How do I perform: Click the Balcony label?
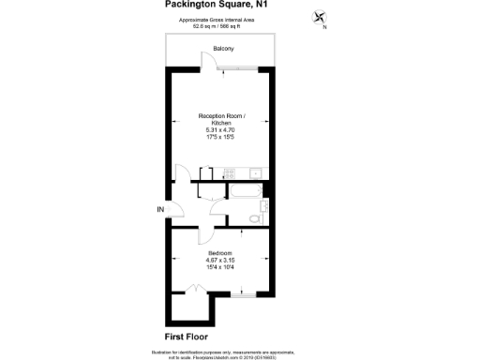[222, 48]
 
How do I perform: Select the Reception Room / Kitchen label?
[221, 119]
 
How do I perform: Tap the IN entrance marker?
[160, 208]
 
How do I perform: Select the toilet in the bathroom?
[253, 217]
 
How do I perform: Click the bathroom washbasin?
[264, 205]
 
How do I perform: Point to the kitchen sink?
[255, 172]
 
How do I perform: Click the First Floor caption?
[185, 336]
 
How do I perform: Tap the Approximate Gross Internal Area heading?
[221, 21]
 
